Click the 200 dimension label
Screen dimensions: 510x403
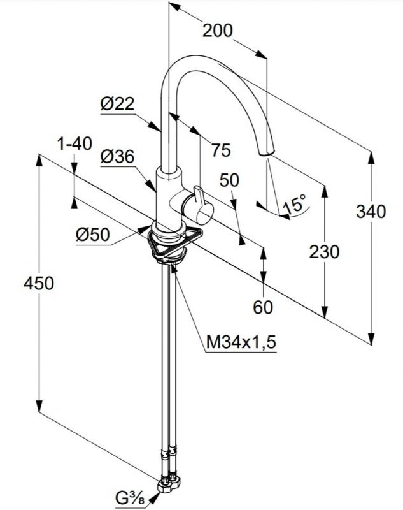pyautogui.click(x=218, y=30)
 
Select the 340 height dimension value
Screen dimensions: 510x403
pyautogui.click(x=371, y=210)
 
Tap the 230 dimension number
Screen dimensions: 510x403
pyautogui.click(x=324, y=252)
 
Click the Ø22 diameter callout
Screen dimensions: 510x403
pyautogui.click(x=117, y=103)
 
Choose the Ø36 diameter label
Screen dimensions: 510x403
pyautogui.click(x=117, y=156)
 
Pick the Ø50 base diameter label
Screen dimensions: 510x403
pyautogui.click(x=92, y=235)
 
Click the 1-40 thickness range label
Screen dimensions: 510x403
pyautogui.click(x=74, y=144)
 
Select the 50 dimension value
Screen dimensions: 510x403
pyautogui.click(x=229, y=180)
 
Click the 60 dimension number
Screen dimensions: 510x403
pyautogui.click(x=262, y=307)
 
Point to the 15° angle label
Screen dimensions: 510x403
pyautogui.click(x=294, y=205)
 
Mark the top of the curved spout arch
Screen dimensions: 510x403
pyautogui.click(x=197, y=57)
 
